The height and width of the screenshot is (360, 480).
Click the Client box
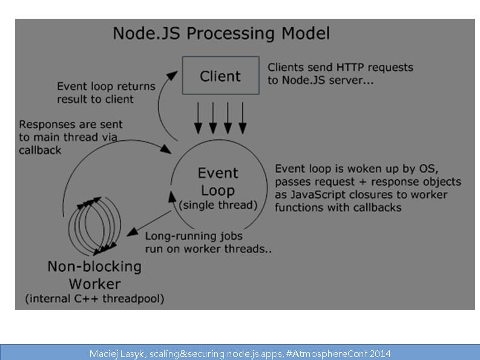point(220,76)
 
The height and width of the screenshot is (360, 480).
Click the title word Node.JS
point(146,33)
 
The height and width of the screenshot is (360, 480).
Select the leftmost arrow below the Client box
point(198,117)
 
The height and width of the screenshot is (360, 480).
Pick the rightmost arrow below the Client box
point(242,117)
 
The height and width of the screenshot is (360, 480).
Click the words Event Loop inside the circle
point(218,182)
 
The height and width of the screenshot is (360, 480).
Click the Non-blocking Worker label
point(94,275)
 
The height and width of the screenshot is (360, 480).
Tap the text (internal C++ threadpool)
point(94,298)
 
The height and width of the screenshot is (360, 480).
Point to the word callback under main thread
point(40,149)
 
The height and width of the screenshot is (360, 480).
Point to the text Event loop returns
point(106,87)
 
